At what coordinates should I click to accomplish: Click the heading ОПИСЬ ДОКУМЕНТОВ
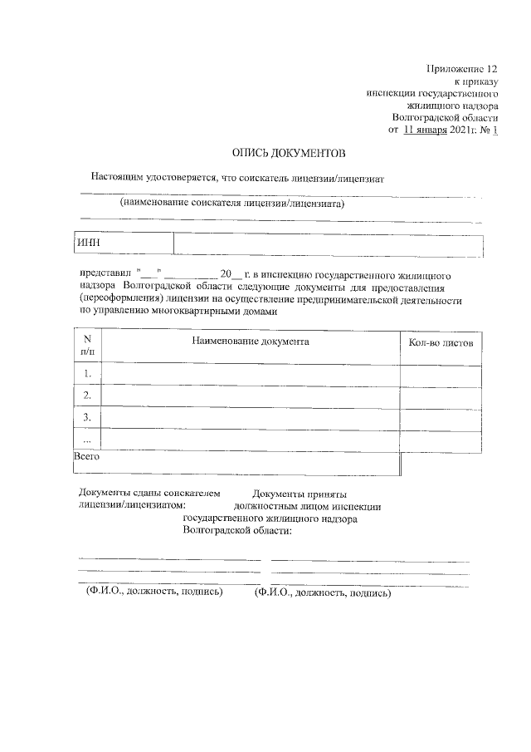pyautogui.click(x=286, y=153)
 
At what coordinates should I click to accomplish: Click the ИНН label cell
pyautogui.click(x=124, y=243)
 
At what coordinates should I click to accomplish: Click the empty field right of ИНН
pyautogui.click(x=328, y=243)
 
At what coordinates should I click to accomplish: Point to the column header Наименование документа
pyautogui.click(x=251, y=342)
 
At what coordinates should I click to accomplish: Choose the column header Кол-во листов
pyautogui.click(x=441, y=342)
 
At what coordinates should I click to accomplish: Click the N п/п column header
pyautogui.click(x=87, y=346)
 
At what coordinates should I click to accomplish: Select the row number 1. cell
pyautogui.click(x=87, y=375)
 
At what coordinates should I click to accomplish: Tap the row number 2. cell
pyautogui.click(x=87, y=396)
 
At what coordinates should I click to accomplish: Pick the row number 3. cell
pyautogui.click(x=87, y=417)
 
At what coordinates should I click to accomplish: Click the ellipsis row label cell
pyautogui.click(x=87, y=439)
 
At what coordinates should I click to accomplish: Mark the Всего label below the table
pyautogui.click(x=87, y=457)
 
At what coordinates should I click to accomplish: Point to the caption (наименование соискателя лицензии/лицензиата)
pyautogui.click(x=231, y=203)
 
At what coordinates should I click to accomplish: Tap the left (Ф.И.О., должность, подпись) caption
pyautogui.click(x=154, y=592)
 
